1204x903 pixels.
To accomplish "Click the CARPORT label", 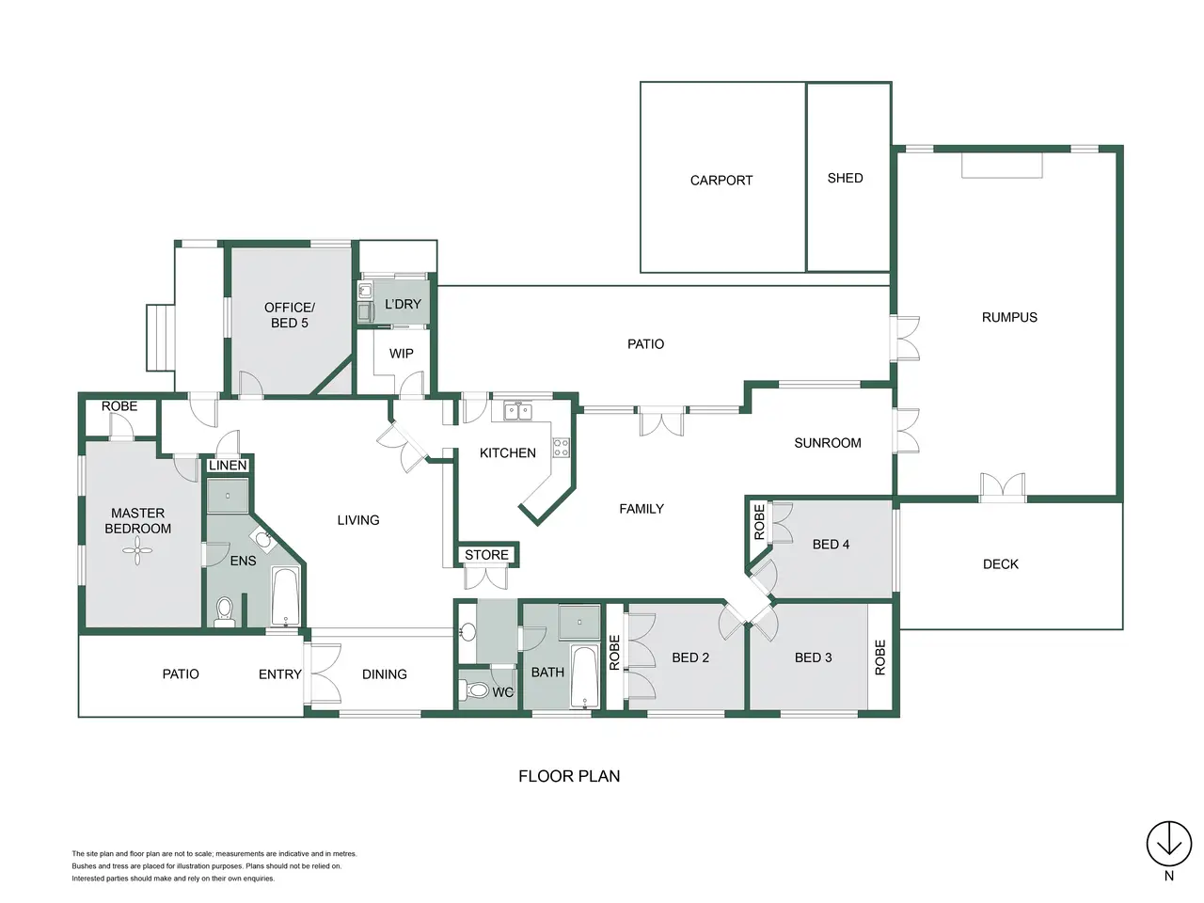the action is click(x=721, y=181).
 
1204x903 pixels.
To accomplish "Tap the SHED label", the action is click(x=845, y=178).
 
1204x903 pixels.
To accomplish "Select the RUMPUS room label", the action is click(x=1009, y=317).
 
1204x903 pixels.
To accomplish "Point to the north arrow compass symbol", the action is click(x=1169, y=844).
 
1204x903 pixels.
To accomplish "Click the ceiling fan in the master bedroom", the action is click(x=137, y=550).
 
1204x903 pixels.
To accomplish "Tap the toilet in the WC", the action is click(x=474, y=689).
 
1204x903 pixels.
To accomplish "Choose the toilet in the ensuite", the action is click(x=225, y=611).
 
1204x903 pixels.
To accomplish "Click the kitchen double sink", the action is click(x=517, y=411).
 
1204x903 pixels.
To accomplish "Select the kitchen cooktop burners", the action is click(x=562, y=447).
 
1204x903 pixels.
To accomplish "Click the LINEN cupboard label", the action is click(x=229, y=466).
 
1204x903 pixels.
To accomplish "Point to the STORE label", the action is click(x=486, y=555).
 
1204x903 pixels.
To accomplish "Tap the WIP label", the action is click(x=401, y=354).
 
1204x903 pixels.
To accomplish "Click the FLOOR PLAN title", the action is click(x=569, y=776).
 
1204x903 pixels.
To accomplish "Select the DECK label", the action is click(x=1001, y=564).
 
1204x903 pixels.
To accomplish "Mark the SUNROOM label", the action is click(x=827, y=443).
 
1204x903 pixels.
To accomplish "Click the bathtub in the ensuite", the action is click(x=286, y=597).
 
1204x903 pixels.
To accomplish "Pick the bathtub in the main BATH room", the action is click(x=584, y=676).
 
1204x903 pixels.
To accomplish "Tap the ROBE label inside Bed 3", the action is click(x=879, y=657).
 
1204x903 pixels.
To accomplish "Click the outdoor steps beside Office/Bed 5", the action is click(x=160, y=338).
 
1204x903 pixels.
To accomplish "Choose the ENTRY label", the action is click(x=279, y=674).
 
